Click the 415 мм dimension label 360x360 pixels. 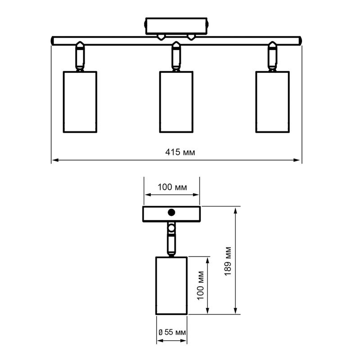coord(180,152)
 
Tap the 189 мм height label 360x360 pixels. coord(228,261)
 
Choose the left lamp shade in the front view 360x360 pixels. coord(79,102)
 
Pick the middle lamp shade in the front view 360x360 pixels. coord(176,102)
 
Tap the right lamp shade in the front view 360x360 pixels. coord(272,102)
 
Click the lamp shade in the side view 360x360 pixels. coord(171,285)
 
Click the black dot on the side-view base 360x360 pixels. coord(171,213)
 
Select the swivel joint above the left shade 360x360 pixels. coord(79,56)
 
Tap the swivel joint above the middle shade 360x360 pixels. coord(176,56)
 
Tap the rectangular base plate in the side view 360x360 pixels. coord(171,214)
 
